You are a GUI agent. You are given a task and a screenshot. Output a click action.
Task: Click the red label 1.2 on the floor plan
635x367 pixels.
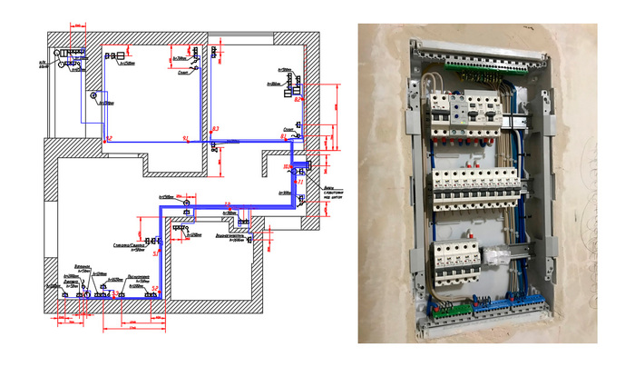click(x=109, y=138)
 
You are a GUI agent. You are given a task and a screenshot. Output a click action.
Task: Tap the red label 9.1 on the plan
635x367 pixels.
click(x=185, y=138)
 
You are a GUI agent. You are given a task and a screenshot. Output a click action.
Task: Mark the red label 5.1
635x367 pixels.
click(x=154, y=253)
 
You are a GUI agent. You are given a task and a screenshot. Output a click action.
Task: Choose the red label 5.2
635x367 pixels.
click(x=156, y=289)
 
